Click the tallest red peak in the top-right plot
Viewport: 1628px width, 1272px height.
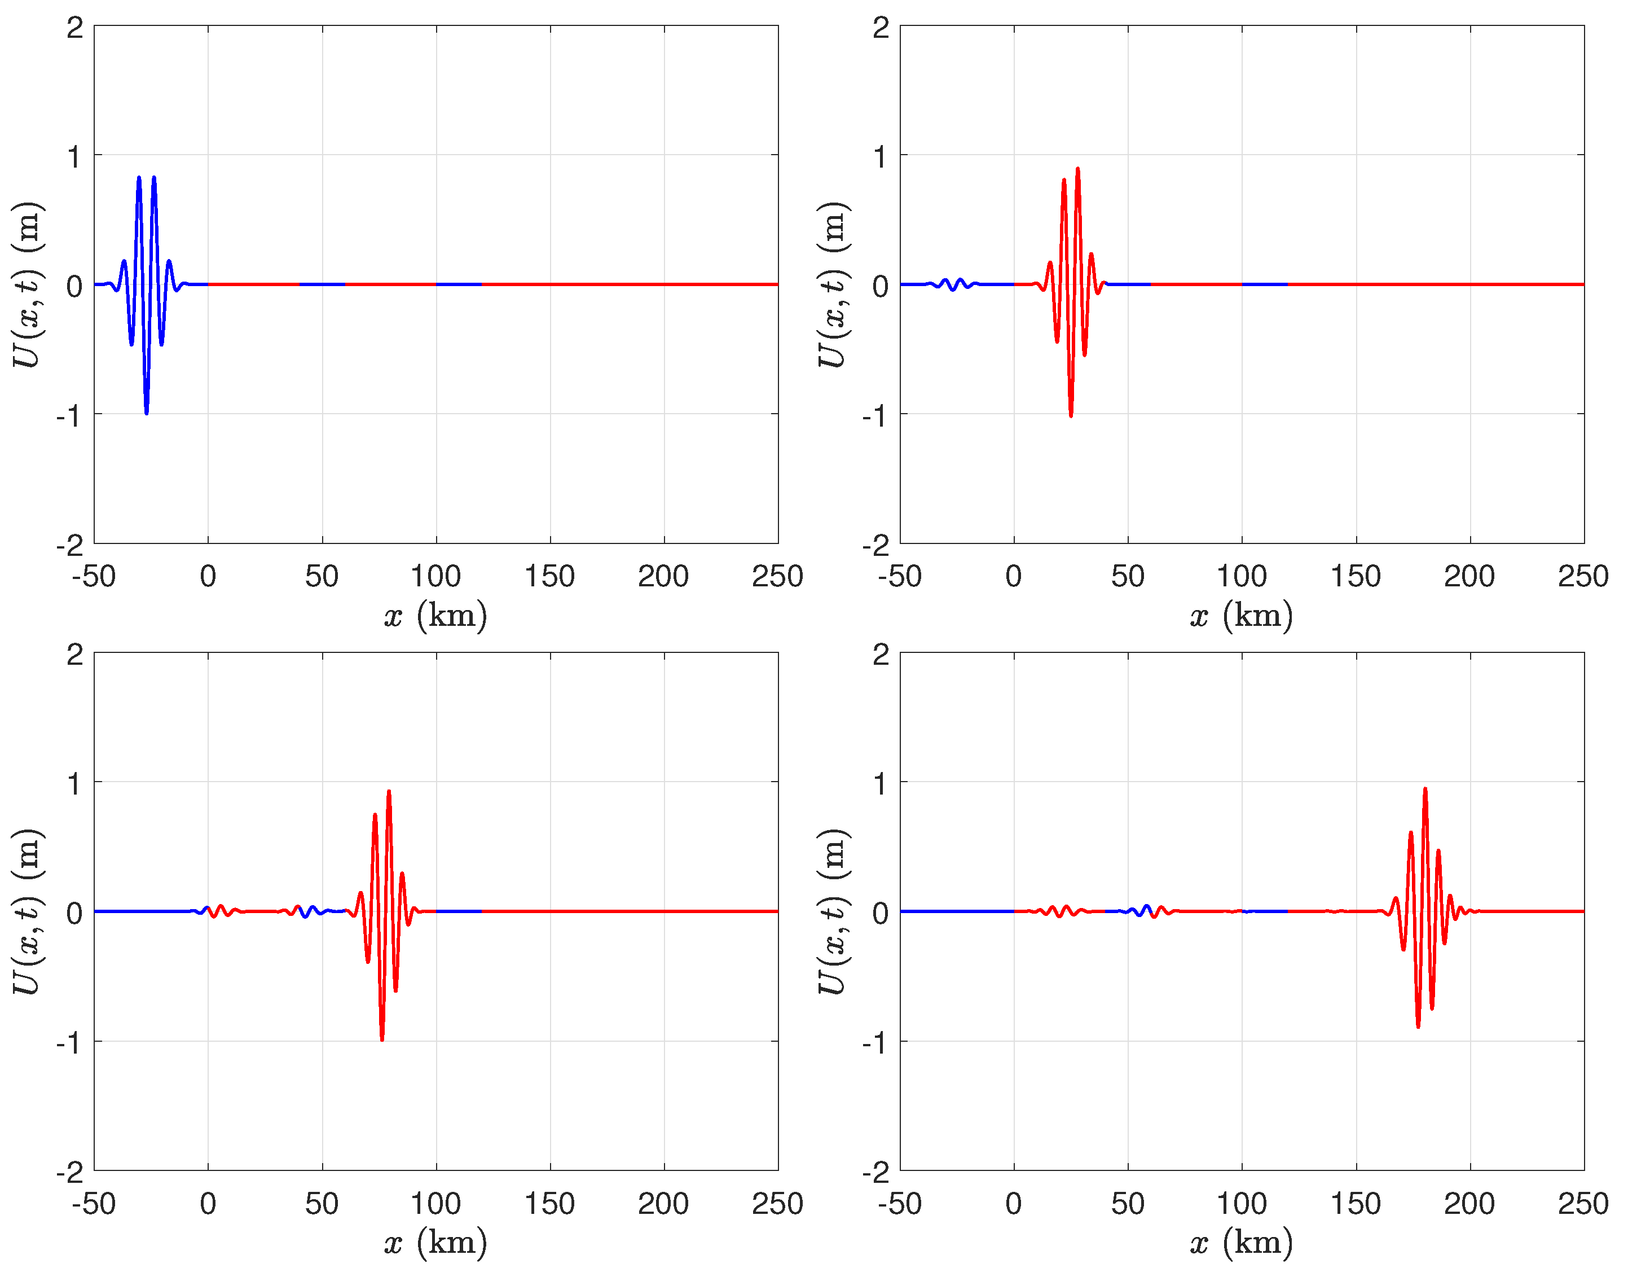click(x=1077, y=170)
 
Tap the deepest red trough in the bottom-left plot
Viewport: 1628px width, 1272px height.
click(x=382, y=1038)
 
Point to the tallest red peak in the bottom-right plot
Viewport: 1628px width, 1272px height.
click(x=1424, y=789)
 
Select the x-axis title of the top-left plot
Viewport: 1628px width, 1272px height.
click(x=436, y=616)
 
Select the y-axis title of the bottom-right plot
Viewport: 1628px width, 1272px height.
click(x=833, y=911)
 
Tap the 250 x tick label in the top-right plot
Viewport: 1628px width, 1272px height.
click(x=1582, y=576)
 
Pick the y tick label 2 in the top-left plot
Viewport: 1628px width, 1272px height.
click(x=74, y=28)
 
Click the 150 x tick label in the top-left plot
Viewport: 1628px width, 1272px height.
click(x=549, y=576)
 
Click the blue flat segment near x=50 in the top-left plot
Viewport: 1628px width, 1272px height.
click(x=322, y=284)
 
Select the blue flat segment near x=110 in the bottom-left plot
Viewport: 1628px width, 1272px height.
click(x=459, y=911)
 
